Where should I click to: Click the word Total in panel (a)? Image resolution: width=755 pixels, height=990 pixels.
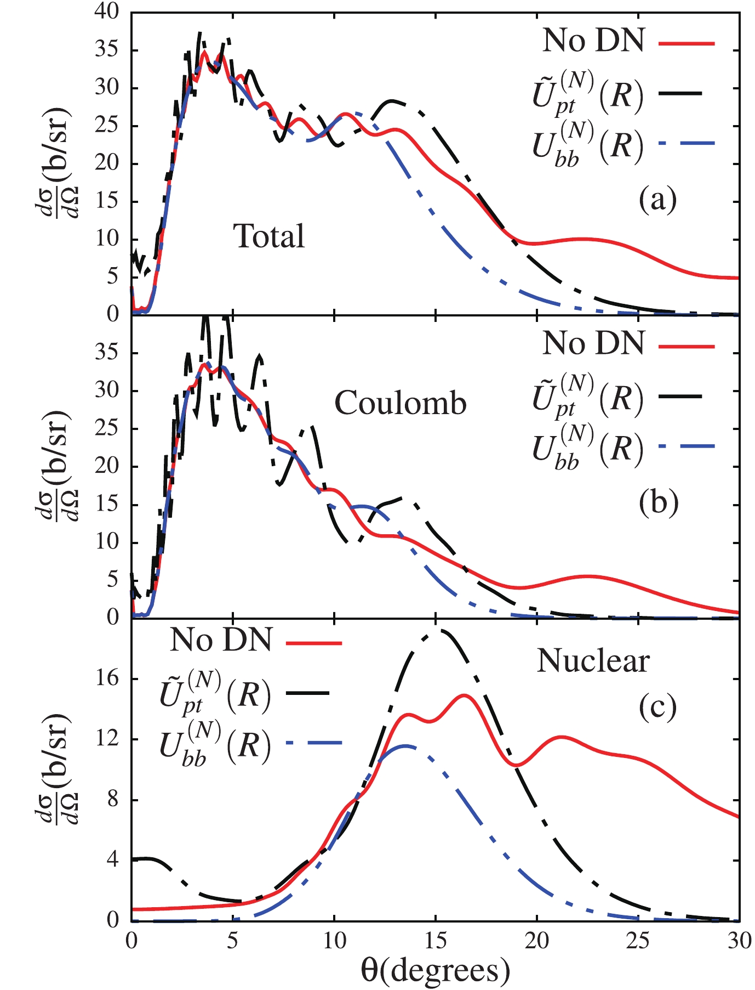click(269, 236)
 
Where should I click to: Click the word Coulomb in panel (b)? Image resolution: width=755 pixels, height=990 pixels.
click(401, 404)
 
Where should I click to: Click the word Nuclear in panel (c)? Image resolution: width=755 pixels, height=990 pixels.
click(593, 661)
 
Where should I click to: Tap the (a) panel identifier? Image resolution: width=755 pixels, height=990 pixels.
click(657, 200)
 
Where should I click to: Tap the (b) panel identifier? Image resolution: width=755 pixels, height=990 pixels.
click(658, 503)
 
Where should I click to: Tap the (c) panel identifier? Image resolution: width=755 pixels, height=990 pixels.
click(657, 707)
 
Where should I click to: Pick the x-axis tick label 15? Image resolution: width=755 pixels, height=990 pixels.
click(436, 941)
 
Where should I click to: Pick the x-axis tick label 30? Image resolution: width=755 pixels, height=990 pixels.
click(739, 941)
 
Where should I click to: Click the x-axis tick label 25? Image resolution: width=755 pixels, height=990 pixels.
click(638, 941)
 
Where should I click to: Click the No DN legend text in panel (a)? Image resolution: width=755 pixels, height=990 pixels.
click(593, 41)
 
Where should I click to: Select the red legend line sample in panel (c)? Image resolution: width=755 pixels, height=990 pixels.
click(314, 642)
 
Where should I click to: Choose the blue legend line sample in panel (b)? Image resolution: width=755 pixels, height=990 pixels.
click(688, 446)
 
